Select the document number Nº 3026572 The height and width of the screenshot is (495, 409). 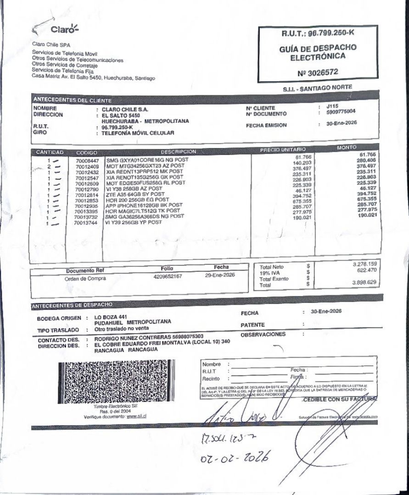tap(318, 72)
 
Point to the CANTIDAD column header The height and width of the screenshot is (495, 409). tap(49, 152)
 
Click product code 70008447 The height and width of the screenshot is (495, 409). tap(87, 161)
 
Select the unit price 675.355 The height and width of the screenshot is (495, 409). tap(296, 200)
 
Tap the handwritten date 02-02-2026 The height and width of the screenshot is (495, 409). tap(235, 456)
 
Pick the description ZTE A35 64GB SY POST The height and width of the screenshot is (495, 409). tap(135, 194)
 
